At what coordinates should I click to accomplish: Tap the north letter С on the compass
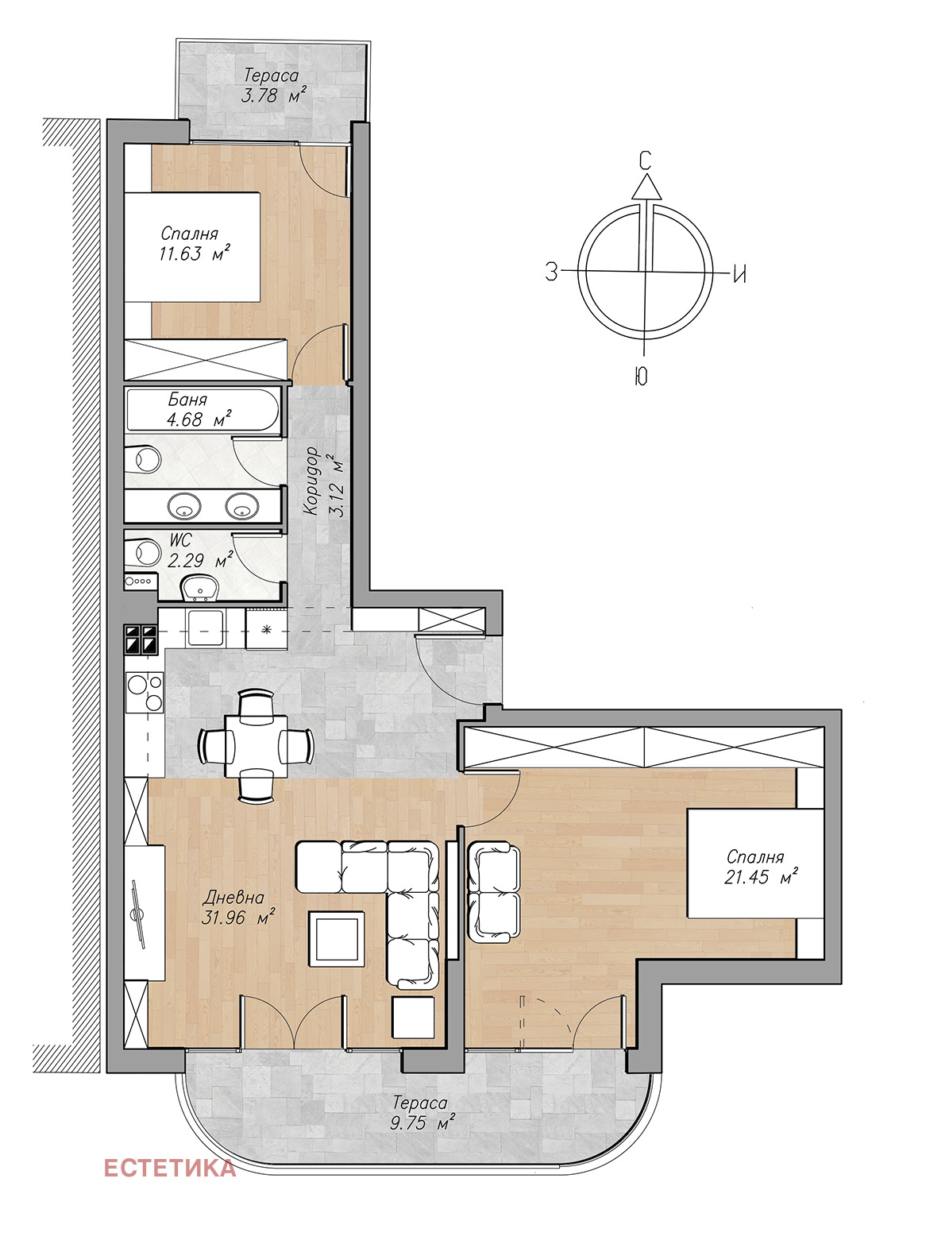click(644, 160)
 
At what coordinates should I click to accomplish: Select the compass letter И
click(739, 275)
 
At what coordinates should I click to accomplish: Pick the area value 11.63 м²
click(195, 253)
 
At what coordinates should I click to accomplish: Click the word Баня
click(187, 399)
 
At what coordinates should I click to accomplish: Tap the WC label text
click(181, 539)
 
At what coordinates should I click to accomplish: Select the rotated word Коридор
click(311, 481)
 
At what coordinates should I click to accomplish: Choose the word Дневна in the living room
click(233, 898)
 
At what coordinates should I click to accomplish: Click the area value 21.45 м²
click(761, 877)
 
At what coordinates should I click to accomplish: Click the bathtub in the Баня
click(203, 409)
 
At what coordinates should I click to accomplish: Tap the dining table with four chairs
click(256, 745)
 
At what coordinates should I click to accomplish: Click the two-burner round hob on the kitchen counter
click(145, 693)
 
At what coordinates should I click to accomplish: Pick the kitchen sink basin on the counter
click(206, 628)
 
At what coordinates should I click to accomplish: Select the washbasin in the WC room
click(200, 586)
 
